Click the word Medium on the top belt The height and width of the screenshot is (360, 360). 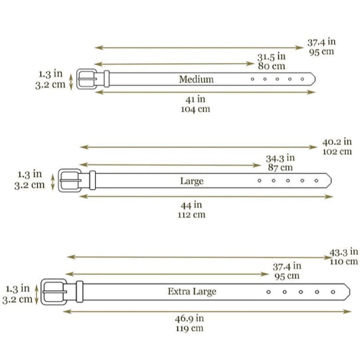click(196, 79)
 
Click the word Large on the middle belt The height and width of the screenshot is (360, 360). click(192, 181)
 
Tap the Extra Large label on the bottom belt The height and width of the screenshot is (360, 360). click(192, 292)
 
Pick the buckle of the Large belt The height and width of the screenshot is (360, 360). click(60, 180)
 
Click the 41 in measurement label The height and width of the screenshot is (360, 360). click(195, 99)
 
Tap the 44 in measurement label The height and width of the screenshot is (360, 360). click(191, 205)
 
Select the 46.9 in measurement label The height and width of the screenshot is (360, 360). click(189, 318)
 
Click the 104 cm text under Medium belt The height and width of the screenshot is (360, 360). click(195, 109)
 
